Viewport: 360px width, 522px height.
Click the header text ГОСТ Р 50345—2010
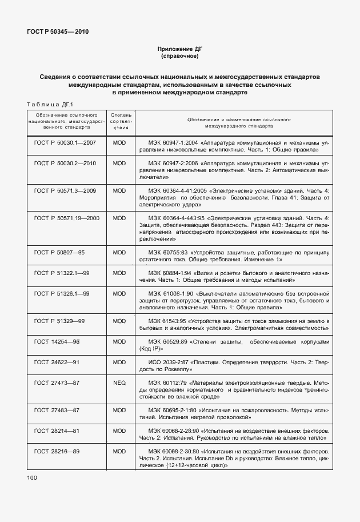click(x=58, y=31)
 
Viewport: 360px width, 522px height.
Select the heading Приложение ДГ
click(x=179, y=50)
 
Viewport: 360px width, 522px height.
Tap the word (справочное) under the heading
click(x=179, y=57)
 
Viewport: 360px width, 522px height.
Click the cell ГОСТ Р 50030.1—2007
click(x=65, y=142)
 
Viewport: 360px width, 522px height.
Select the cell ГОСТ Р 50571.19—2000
click(x=66, y=218)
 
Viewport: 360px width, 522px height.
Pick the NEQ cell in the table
click(x=119, y=384)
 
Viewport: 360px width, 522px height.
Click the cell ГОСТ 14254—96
click(x=57, y=341)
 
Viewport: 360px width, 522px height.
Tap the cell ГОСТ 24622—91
click(x=57, y=362)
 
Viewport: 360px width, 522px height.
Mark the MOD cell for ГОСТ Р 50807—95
click(x=119, y=252)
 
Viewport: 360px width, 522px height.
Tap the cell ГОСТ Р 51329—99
click(x=59, y=321)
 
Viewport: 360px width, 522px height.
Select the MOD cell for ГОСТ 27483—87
click(x=119, y=410)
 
